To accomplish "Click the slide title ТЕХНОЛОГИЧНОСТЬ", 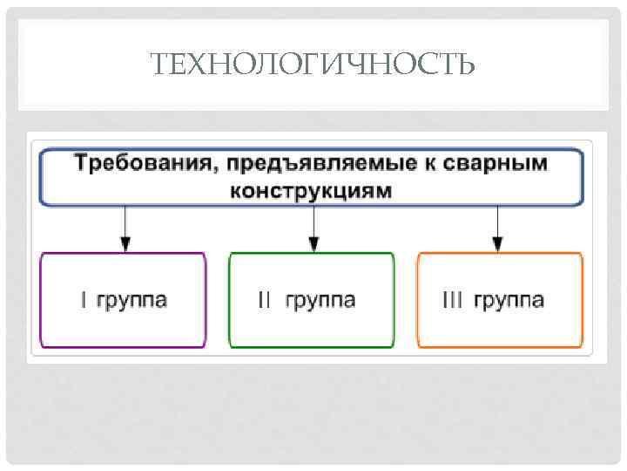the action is pyautogui.click(x=313, y=64).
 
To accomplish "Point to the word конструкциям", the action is pyautogui.click(x=312, y=189).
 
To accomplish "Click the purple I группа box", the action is pyautogui.click(x=124, y=300).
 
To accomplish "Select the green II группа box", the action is pyautogui.click(x=312, y=300).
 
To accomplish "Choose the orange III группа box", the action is pyautogui.click(x=500, y=300).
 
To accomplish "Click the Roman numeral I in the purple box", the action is pyautogui.click(x=84, y=300).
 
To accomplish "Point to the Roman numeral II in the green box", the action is pyautogui.click(x=265, y=300).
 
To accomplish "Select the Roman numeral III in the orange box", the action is pyautogui.click(x=453, y=300).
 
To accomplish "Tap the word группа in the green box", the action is pyautogui.click(x=319, y=301).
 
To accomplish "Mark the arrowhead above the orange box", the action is pyautogui.click(x=497, y=243).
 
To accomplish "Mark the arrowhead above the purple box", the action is pyautogui.click(x=125, y=243).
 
